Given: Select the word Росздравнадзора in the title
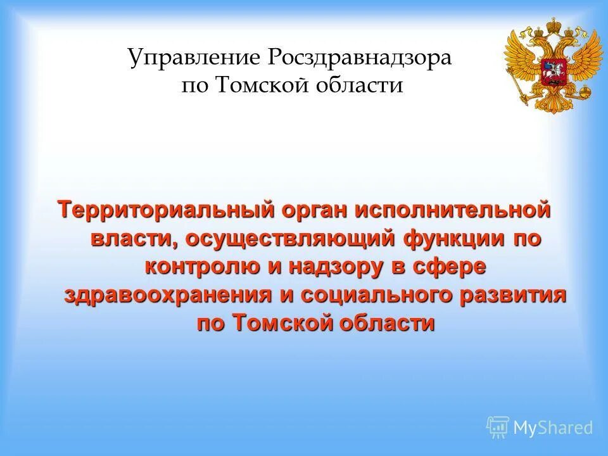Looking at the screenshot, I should (360, 59).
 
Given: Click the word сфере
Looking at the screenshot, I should (450, 267).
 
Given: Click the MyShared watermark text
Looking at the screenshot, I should (553, 427).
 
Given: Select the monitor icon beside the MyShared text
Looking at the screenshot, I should (498, 427).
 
